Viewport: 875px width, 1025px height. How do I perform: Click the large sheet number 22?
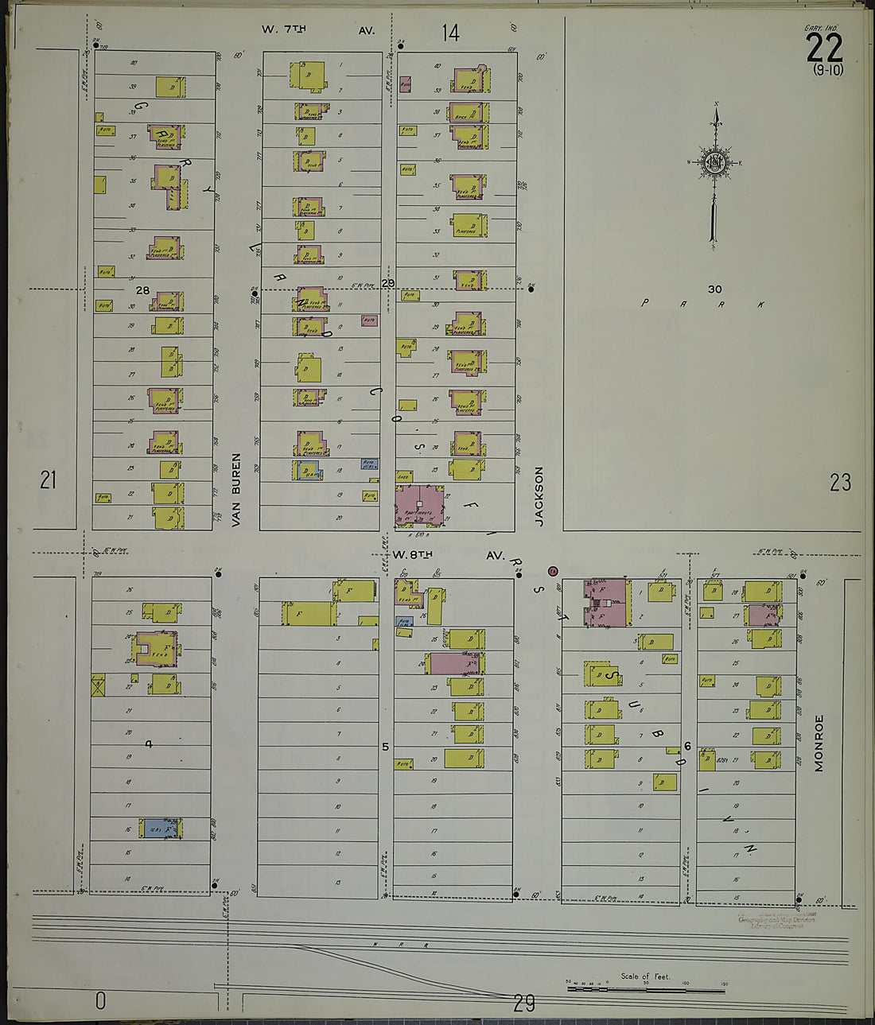point(824,49)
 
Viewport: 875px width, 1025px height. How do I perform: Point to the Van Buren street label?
point(235,491)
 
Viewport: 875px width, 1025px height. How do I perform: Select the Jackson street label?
point(539,496)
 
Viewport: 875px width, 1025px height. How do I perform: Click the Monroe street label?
point(819,743)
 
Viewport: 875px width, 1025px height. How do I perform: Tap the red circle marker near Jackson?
point(553,571)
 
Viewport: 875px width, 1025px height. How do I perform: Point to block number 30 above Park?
point(714,289)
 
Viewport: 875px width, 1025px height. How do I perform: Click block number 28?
point(142,290)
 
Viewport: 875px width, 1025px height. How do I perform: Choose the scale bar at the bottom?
point(645,990)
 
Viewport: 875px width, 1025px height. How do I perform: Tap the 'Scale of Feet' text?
point(645,976)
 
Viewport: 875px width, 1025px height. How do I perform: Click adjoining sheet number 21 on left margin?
point(49,480)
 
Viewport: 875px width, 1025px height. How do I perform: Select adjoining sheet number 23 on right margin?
point(840,482)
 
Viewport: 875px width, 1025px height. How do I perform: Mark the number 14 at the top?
point(450,33)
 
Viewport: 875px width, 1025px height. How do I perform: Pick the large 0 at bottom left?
point(100,1000)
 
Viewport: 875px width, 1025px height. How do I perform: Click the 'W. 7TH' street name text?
point(284,29)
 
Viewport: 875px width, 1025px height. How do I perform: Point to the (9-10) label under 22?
point(828,69)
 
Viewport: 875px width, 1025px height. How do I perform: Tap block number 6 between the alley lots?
point(688,746)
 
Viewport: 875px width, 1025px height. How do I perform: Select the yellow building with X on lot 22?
point(98,685)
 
